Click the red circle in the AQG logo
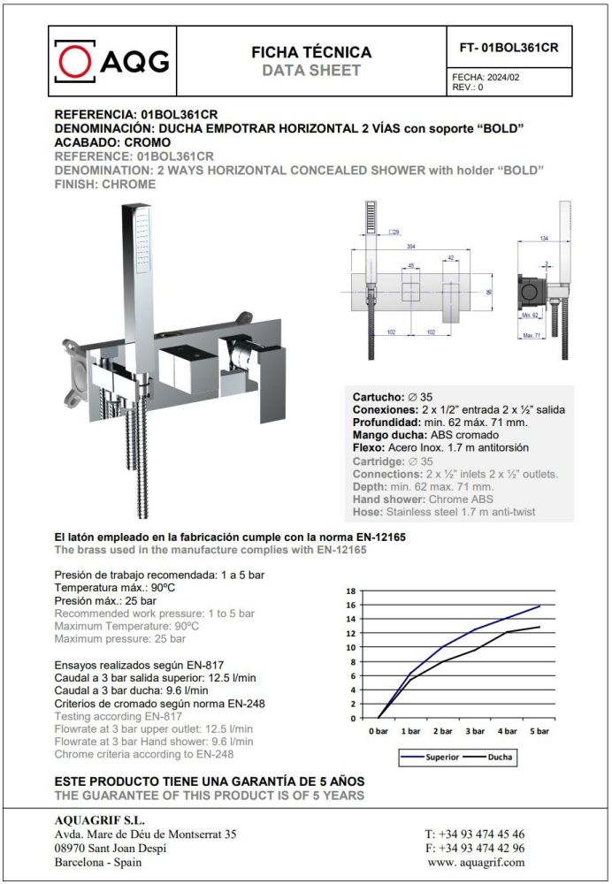click(76, 61)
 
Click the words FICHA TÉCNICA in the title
click(311, 52)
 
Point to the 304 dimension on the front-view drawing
click(412, 246)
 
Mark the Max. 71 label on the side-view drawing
click(532, 335)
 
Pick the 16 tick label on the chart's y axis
click(351, 606)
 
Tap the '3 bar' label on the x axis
click(475, 732)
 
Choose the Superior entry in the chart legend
click(442, 758)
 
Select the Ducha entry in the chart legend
click(499, 758)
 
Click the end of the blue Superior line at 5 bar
click(539, 606)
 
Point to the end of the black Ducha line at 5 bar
click(539, 627)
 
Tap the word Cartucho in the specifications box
click(379, 397)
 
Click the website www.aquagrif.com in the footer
click(476, 862)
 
